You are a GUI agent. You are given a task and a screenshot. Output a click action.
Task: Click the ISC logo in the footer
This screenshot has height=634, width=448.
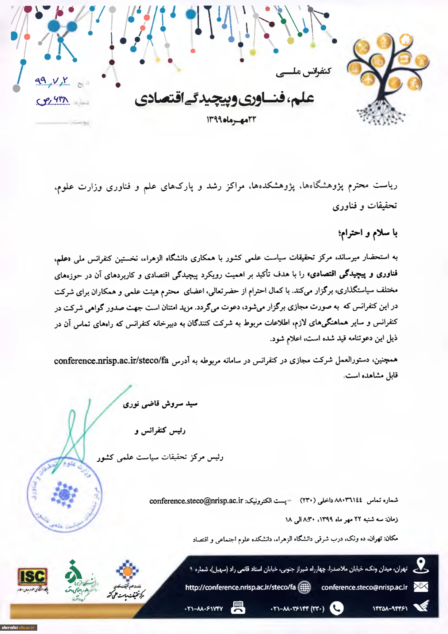[32, 577]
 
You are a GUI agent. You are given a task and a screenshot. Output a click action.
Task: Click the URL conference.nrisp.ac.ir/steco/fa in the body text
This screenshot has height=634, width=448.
[111, 361]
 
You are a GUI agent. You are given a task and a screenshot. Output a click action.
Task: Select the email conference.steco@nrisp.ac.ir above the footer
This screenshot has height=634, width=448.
[196, 501]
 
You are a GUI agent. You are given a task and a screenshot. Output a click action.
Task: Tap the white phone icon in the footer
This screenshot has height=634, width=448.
[336, 608]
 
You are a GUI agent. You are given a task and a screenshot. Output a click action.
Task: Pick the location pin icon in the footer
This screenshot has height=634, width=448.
[421, 566]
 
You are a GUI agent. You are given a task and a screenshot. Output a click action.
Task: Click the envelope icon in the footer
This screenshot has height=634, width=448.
[421, 587]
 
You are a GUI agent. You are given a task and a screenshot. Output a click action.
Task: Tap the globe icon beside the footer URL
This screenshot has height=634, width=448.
[304, 587]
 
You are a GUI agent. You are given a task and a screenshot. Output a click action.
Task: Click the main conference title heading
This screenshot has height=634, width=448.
[224, 99]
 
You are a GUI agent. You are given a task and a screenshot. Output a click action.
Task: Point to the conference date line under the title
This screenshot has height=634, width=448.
[231, 119]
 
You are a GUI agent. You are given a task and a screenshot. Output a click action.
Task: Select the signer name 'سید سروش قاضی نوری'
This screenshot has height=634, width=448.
[160, 404]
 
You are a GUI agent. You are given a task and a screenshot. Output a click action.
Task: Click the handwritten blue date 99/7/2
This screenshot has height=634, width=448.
[52, 81]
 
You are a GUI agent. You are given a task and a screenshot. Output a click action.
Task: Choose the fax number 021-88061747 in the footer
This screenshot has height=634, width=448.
[204, 609]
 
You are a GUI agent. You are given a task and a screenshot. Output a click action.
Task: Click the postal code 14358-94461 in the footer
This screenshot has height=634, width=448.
[390, 608]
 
